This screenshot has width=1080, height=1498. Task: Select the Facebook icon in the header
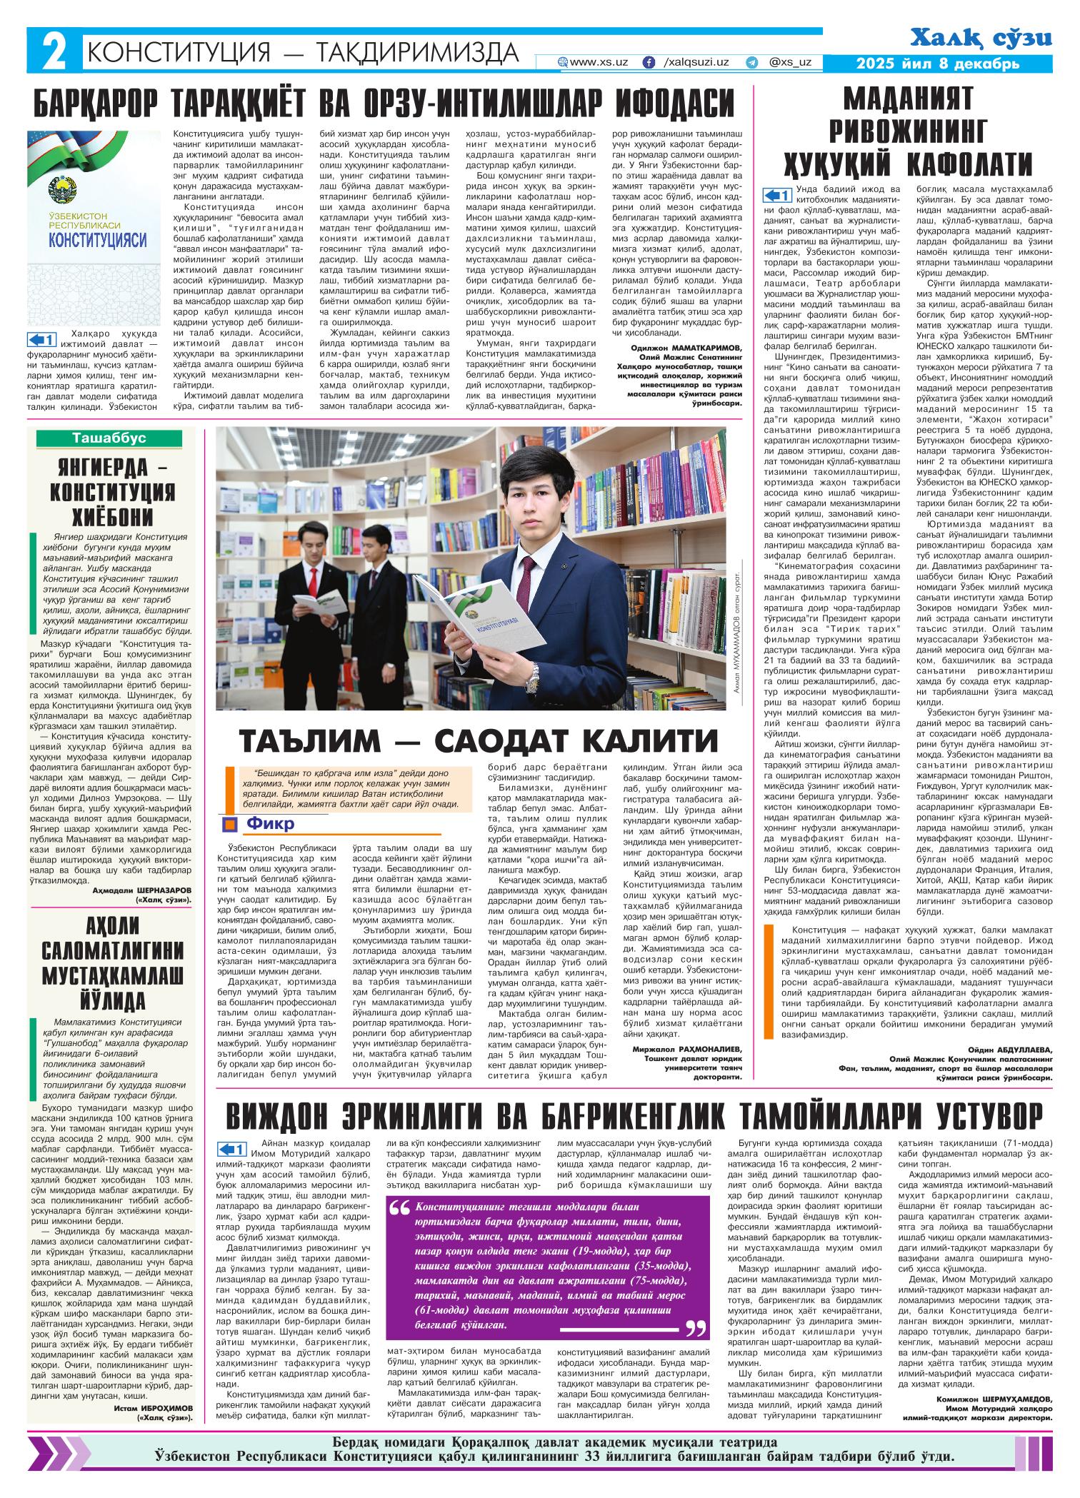649,62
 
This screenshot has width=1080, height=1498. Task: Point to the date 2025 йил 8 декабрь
948,64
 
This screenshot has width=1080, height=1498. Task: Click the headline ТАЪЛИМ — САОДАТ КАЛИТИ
478,742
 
